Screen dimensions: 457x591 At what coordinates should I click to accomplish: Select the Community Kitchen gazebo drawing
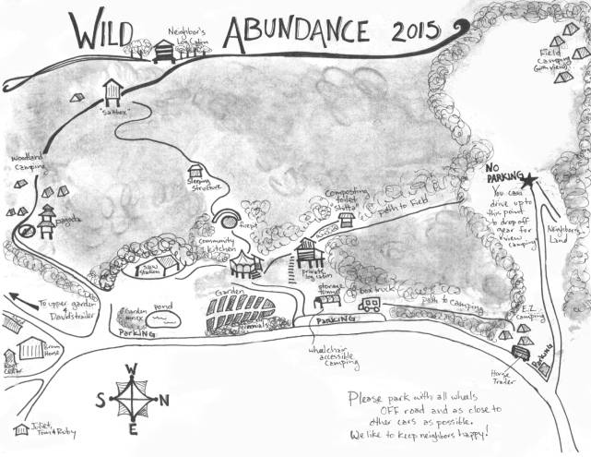[246, 265]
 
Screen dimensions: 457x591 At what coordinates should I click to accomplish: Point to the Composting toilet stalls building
[347, 220]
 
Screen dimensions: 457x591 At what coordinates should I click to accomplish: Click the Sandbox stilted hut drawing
[113, 90]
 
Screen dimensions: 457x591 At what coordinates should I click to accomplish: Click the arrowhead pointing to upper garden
[11, 297]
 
